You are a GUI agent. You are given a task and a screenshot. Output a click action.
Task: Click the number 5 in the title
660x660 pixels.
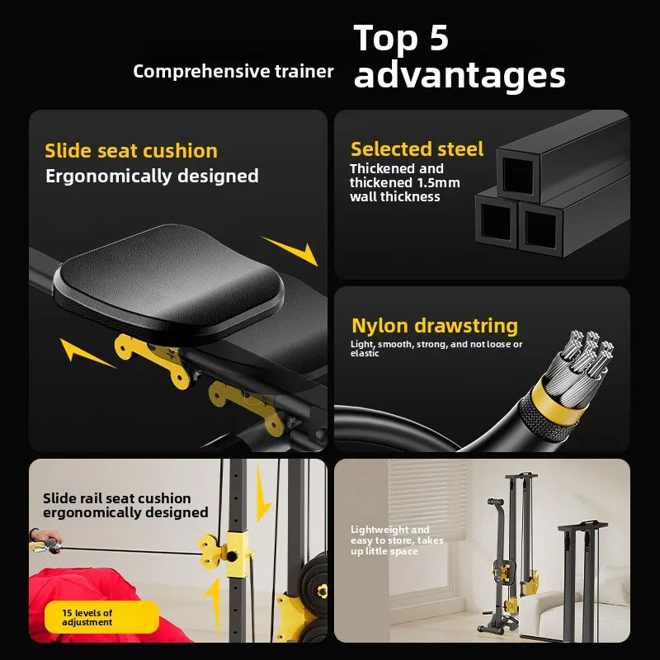(x=438, y=37)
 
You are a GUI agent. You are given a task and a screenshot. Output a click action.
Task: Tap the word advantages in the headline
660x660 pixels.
(x=460, y=76)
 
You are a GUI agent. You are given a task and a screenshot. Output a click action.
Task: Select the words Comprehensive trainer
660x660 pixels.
(x=233, y=72)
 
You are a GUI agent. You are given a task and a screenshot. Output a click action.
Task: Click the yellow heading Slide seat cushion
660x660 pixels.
(x=131, y=151)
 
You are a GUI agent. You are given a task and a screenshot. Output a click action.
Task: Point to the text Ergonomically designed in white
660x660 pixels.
(x=152, y=176)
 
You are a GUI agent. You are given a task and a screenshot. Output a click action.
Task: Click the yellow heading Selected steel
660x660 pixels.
(x=417, y=149)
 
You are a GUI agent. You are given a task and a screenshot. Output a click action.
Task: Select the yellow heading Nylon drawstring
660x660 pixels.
(x=435, y=326)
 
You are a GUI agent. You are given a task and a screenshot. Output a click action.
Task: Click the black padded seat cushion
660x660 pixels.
(x=169, y=283)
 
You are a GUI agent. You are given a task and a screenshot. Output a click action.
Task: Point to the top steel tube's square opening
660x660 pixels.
(x=517, y=174)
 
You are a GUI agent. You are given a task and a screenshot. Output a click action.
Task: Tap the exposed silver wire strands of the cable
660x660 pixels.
(x=583, y=362)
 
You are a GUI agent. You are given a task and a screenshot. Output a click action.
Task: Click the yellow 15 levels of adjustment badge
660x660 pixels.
(x=101, y=617)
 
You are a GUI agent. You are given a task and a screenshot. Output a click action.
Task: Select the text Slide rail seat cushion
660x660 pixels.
(x=117, y=498)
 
